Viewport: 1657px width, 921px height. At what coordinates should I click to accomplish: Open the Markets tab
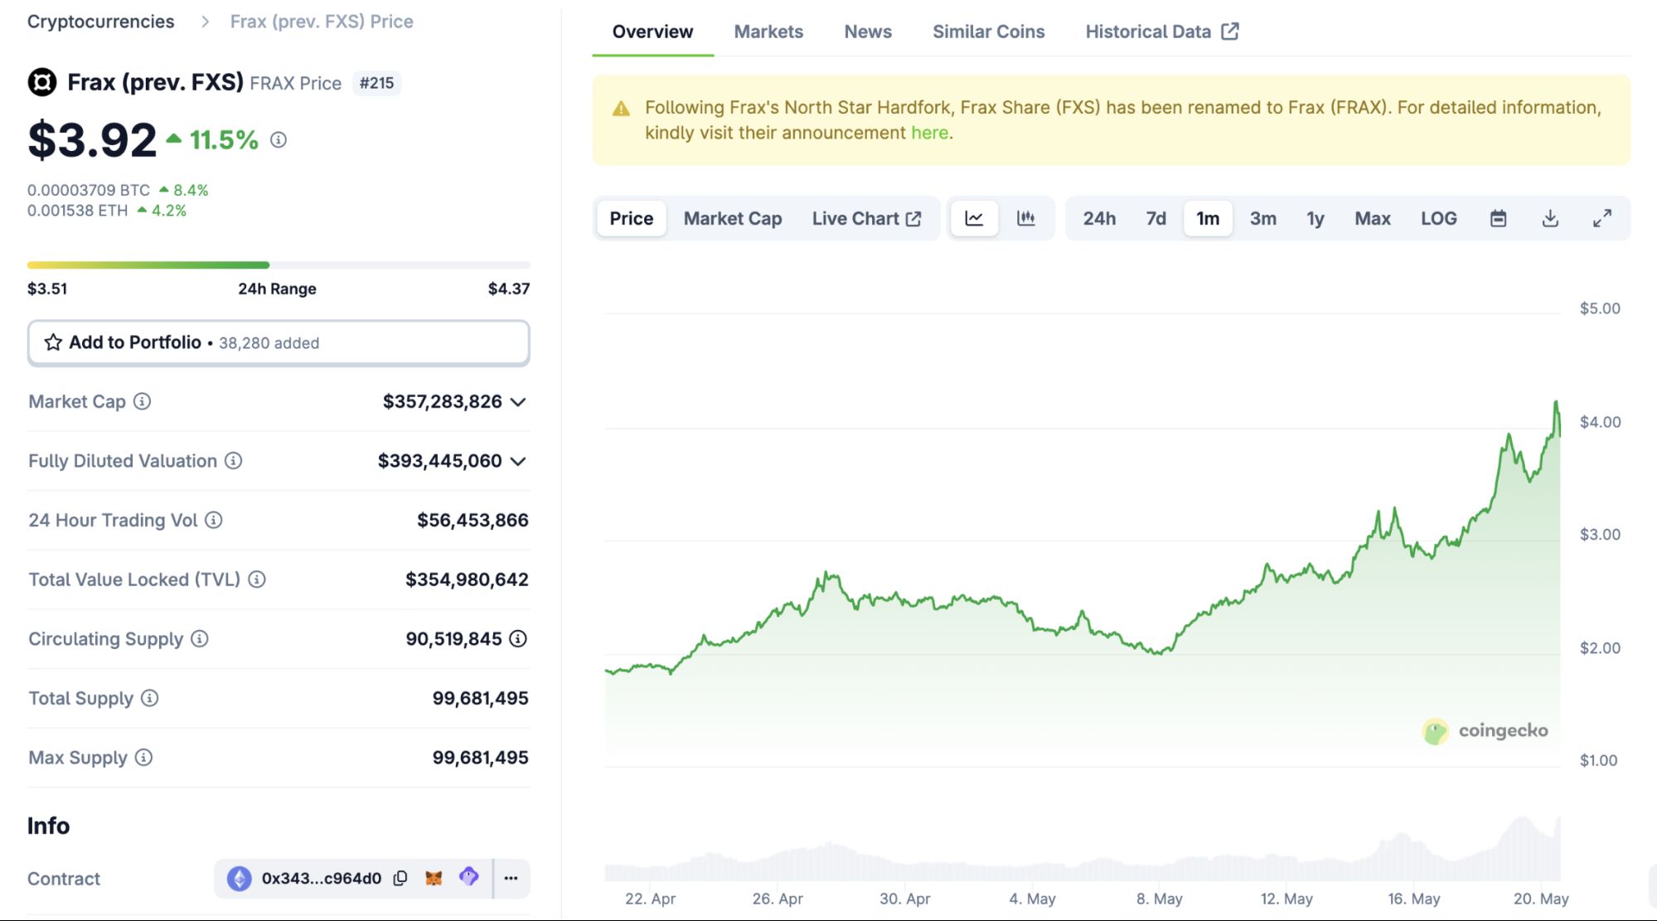tap(768, 32)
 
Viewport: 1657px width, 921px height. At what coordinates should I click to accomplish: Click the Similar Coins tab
tap(988, 32)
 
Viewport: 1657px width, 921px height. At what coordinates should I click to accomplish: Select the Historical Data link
tap(1161, 32)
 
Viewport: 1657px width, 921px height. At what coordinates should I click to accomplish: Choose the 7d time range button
tap(1156, 219)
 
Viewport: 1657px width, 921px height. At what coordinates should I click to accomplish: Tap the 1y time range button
tap(1315, 219)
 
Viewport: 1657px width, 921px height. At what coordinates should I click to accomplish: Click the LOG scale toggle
tap(1438, 219)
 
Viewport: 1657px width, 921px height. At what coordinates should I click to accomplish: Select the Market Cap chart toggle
tap(733, 219)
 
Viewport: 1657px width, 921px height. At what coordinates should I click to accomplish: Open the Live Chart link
tap(866, 219)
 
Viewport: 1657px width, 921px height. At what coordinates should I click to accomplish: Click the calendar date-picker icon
tap(1498, 219)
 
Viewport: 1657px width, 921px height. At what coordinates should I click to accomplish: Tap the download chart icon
tap(1550, 219)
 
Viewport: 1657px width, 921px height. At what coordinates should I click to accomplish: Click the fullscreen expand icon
tap(1602, 219)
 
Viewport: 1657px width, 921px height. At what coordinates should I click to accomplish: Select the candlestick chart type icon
tap(1026, 219)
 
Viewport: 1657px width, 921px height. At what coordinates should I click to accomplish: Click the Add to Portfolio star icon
tap(53, 342)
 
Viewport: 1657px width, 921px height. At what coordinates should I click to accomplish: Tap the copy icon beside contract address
tap(400, 878)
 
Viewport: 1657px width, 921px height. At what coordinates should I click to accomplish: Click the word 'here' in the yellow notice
tap(929, 133)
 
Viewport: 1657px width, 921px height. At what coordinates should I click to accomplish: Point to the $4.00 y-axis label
tap(1600, 422)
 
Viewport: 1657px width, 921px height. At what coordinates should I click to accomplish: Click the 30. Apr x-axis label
tap(904, 899)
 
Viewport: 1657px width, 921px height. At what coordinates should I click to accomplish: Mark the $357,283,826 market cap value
tap(442, 402)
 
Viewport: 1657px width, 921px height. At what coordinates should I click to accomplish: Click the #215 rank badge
tap(376, 83)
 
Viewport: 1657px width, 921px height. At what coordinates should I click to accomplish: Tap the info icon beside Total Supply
tap(149, 698)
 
